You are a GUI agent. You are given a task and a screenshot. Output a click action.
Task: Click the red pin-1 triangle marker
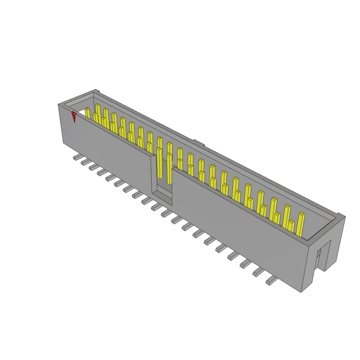pos(74,116)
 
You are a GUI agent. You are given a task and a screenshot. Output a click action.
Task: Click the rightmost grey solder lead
pos(271,281)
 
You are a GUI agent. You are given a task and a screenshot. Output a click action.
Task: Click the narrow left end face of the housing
pos(60,125)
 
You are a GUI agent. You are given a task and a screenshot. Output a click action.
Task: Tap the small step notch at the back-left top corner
pos(98,92)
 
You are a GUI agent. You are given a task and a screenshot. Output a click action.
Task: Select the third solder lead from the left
pos(94,167)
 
